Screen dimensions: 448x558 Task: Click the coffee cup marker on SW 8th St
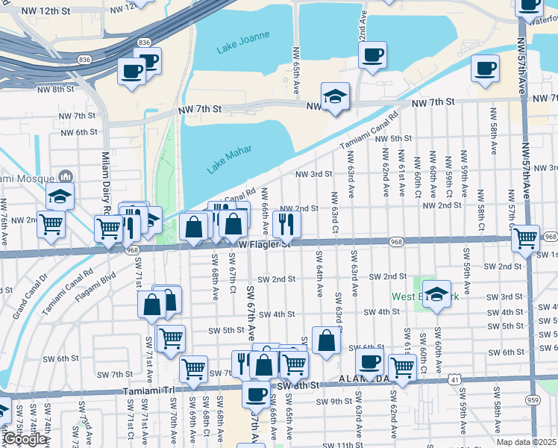coord(257,393)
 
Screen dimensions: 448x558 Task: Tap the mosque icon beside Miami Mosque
coord(66,178)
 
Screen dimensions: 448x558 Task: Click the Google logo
coord(25,439)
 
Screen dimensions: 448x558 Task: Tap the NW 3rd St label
coord(313,174)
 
